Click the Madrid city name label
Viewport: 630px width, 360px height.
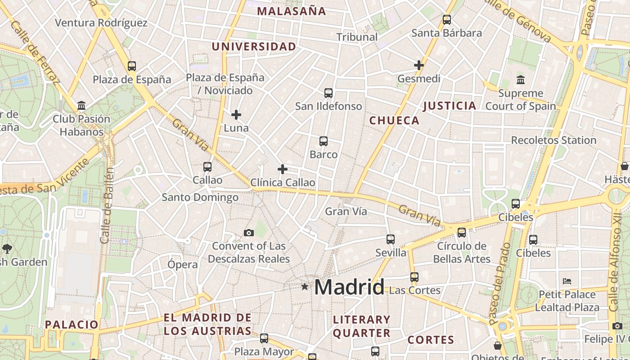click(x=349, y=287)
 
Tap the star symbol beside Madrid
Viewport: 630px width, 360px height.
click(x=305, y=286)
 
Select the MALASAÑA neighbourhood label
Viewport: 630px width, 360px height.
click(x=292, y=11)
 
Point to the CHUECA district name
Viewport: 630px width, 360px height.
click(x=394, y=121)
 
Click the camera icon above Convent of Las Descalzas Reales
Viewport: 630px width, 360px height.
click(x=248, y=233)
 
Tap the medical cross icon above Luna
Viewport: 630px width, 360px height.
click(x=236, y=115)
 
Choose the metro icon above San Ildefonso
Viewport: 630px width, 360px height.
click(x=328, y=93)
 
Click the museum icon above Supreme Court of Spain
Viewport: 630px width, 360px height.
click(x=521, y=80)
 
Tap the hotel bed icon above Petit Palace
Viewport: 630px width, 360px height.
click(x=567, y=281)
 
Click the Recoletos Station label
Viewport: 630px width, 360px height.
click(x=553, y=140)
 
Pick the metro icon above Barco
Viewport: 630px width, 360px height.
click(x=323, y=141)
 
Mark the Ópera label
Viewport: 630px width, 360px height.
click(x=182, y=265)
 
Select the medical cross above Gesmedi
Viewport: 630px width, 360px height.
click(x=419, y=65)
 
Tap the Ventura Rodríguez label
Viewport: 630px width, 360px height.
click(x=101, y=22)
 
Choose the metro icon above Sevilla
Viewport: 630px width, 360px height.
click(x=391, y=239)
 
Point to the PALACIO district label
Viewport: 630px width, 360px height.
click(x=72, y=324)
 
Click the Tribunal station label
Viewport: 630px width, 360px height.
click(x=357, y=37)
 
